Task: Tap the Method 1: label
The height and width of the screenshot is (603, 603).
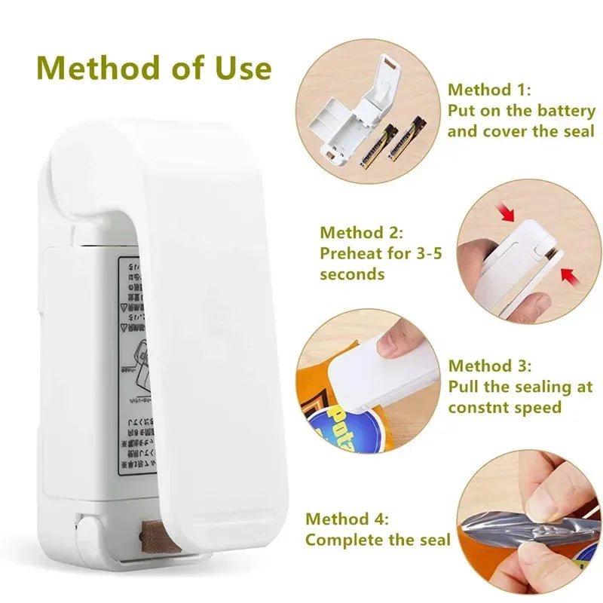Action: (x=490, y=90)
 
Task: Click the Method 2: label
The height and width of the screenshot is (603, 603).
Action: (x=362, y=232)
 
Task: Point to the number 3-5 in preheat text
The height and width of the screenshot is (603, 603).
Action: (x=424, y=253)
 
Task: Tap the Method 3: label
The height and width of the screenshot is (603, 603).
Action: (x=490, y=366)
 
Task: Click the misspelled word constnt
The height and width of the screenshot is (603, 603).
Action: (x=481, y=408)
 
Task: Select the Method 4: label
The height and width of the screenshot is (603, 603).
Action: (x=347, y=519)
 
